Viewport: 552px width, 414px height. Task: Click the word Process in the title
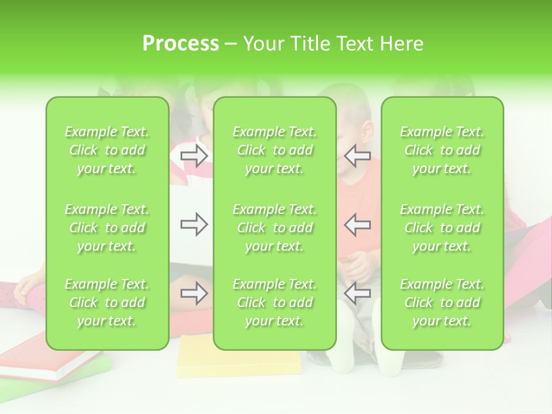(181, 44)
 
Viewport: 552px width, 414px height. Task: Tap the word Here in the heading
(402, 44)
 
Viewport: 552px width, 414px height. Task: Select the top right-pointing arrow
(194, 156)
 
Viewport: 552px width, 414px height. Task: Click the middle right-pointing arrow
(194, 224)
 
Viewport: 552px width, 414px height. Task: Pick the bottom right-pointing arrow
(194, 294)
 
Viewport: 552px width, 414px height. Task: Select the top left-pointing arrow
(357, 156)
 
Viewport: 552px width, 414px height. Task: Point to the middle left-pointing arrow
(357, 224)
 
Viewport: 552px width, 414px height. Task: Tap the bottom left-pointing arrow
(357, 294)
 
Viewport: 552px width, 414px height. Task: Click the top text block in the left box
(107, 150)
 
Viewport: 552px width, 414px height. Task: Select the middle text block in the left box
(107, 228)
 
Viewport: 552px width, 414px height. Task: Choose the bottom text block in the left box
(107, 302)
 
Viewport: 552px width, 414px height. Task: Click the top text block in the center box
(275, 150)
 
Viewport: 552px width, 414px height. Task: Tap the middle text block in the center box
(275, 228)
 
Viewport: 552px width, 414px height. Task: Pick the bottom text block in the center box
(275, 302)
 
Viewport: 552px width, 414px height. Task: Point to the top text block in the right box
(442, 150)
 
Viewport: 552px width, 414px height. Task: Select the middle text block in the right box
(442, 228)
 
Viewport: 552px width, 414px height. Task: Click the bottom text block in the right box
(442, 302)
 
